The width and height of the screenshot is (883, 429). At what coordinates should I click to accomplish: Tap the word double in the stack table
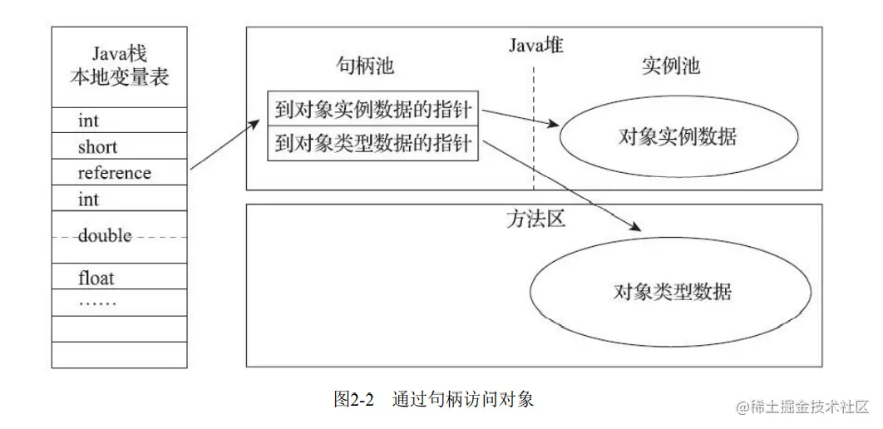(x=105, y=236)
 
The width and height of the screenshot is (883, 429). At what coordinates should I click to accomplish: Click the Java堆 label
(x=535, y=47)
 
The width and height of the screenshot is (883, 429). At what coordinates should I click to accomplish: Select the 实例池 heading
(x=671, y=66)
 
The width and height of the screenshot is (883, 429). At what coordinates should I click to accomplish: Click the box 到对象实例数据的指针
(x=372, y=108)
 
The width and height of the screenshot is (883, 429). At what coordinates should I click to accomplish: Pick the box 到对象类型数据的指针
(x=372, y=144)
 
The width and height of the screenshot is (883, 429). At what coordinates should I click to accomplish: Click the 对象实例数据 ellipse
(x=678, y=136)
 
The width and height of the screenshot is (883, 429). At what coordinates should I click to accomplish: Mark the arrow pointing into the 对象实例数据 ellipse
(x=520, y=117)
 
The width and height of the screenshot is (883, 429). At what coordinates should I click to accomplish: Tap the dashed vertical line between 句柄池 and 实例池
(x=534, y=125)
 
